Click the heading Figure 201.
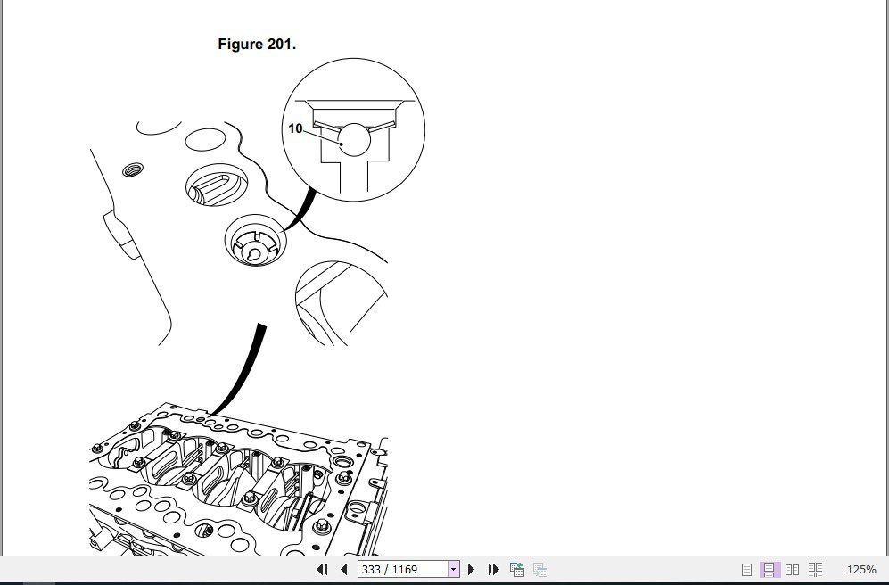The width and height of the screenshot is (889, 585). (x=257, y=45)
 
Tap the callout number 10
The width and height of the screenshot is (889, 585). (x=295, y=128)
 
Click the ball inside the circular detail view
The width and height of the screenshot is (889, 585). (x=354, y=139)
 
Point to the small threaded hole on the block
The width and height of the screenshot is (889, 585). (x=133, y=169)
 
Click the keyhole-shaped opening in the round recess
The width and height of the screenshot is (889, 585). (x=253, y=255)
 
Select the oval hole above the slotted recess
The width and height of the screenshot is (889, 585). (x=206, y=140)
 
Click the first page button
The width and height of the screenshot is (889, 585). (x=322, y=569)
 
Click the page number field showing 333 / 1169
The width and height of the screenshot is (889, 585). (x=402, y=569)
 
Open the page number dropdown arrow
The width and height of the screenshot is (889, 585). (x=454, y=569)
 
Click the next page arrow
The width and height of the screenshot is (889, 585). (x=471, y=569)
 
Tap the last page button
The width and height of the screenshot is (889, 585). (x=494, y=569)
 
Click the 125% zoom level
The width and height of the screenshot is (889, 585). (x=861, y=569)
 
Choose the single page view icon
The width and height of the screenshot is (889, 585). (x=746, y=569)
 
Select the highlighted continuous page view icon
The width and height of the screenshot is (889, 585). (x=770, y=569)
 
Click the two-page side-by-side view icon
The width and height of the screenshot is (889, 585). (x=792, y=569)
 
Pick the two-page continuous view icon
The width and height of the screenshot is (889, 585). (x=815, y=569)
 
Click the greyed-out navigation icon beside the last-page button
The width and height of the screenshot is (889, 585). (x=540, y=569)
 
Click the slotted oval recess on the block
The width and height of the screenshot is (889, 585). (x=217, y=185)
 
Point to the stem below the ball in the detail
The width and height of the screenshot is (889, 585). (x=354, y=177)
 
